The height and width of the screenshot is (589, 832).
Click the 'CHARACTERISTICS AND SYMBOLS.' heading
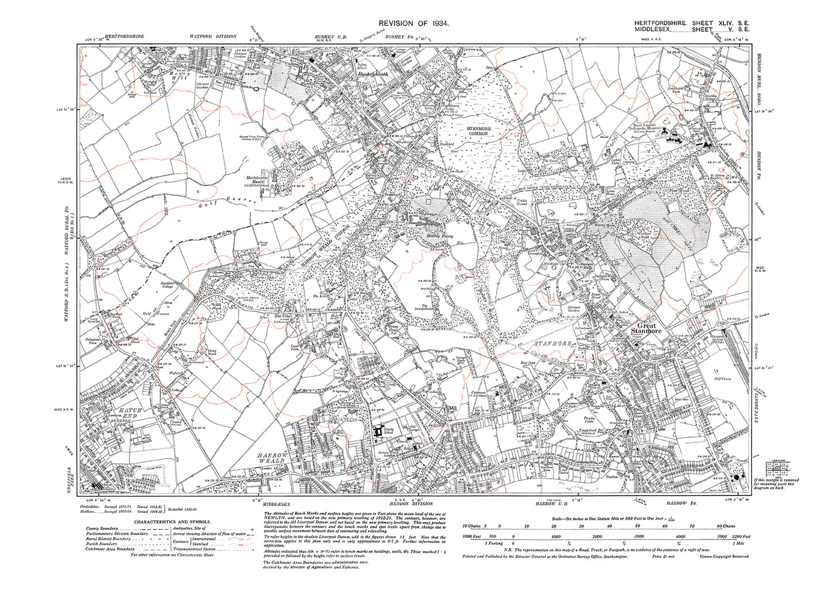tap(167, 521)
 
